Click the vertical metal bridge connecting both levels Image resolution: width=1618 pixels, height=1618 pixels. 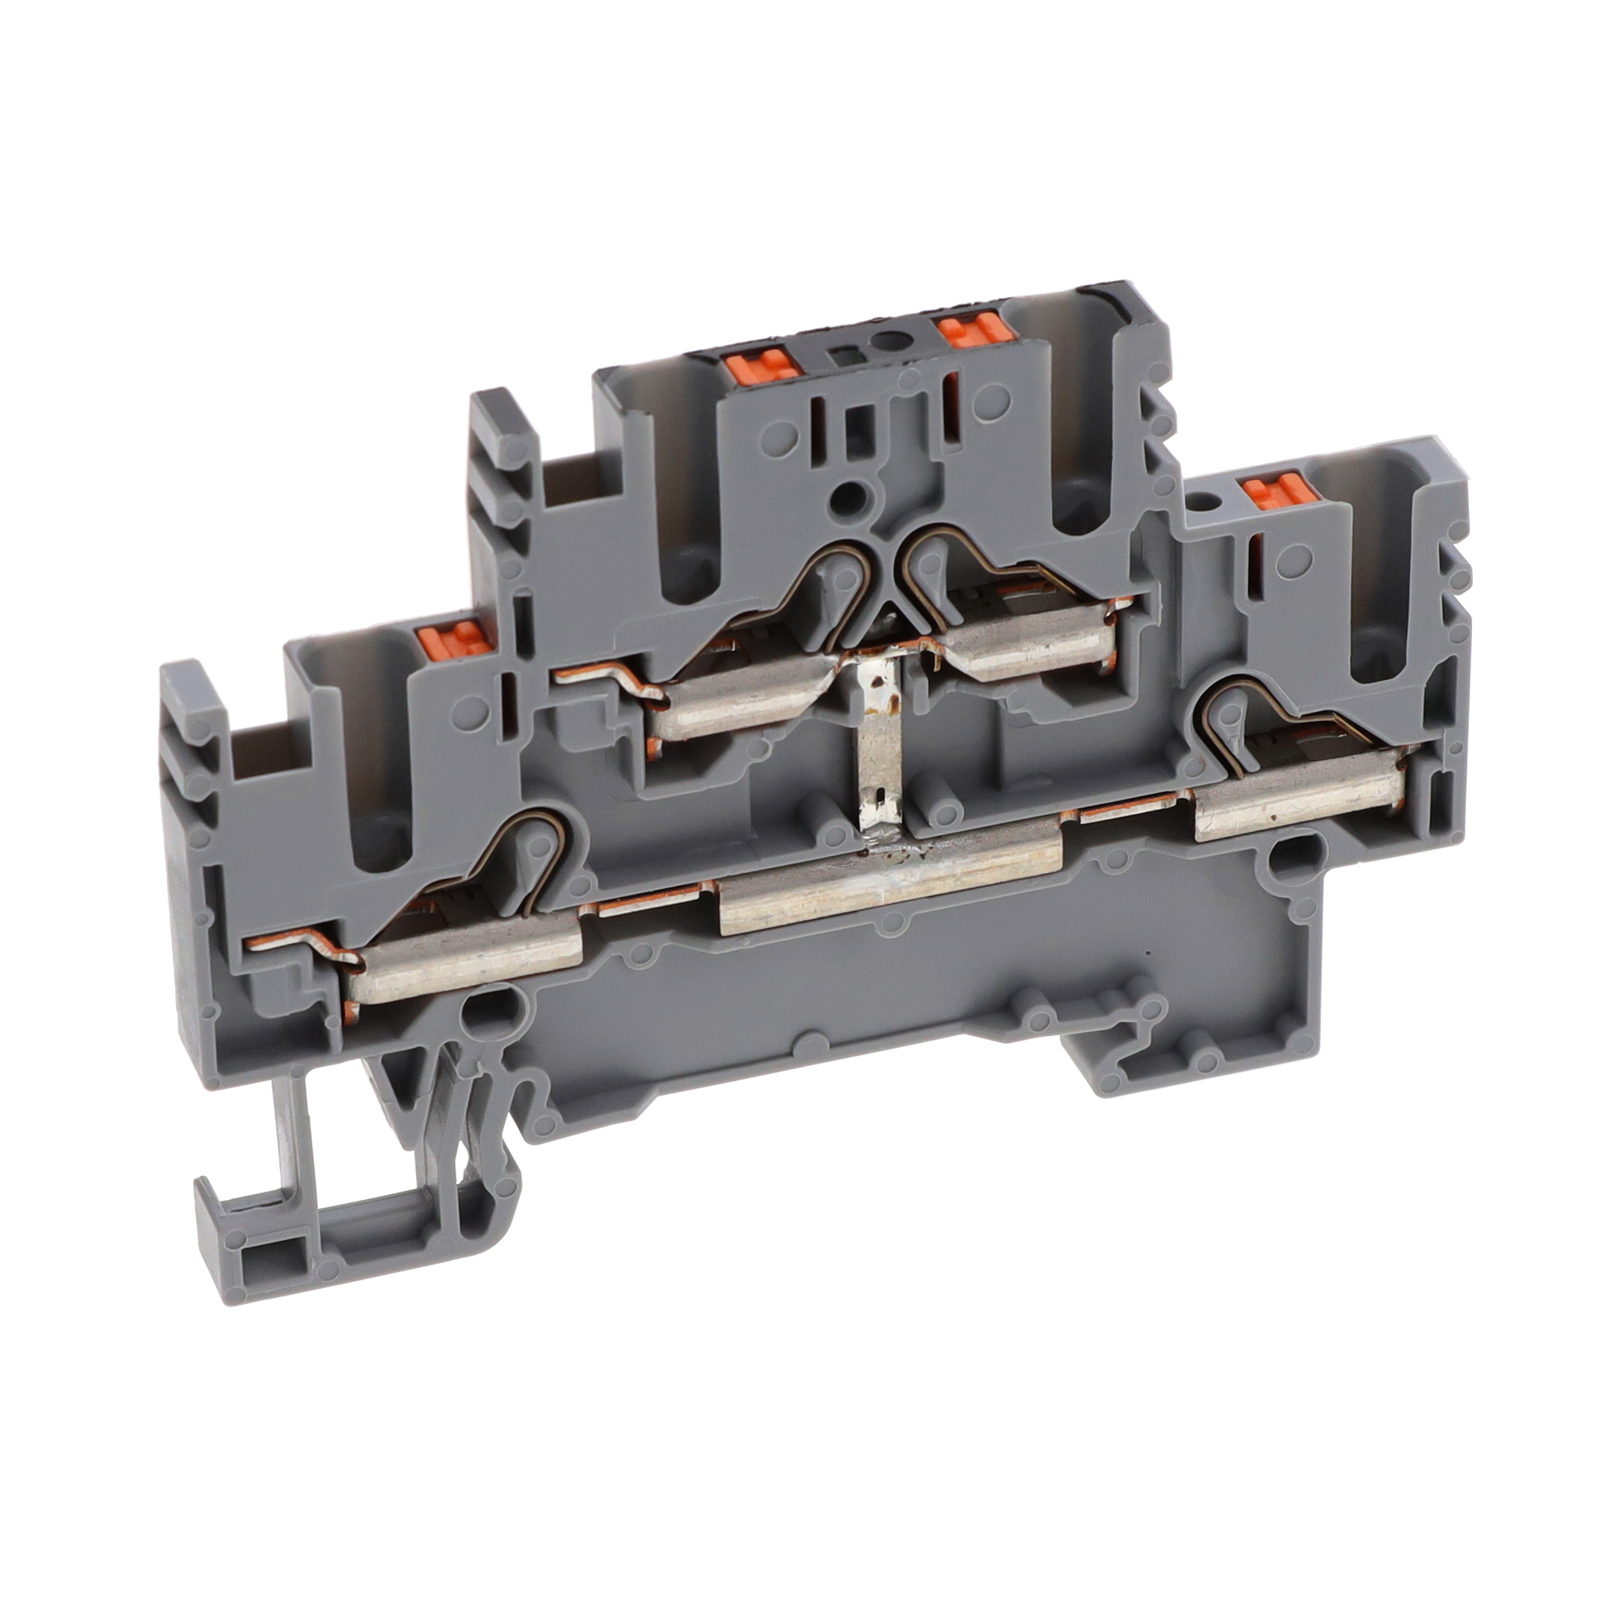pos(876,737)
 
